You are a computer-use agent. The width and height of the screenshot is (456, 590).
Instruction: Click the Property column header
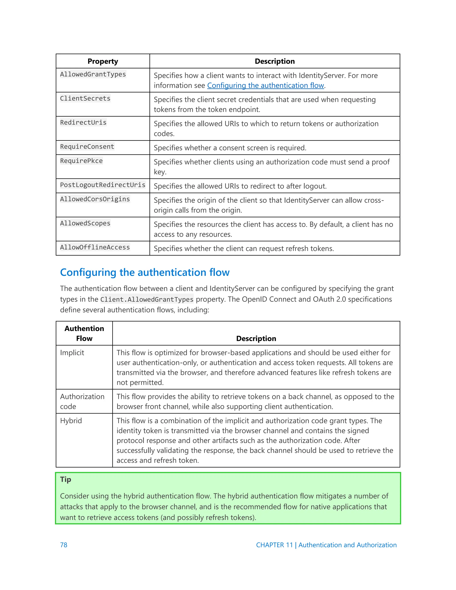pyautogui.click(x=103, y=61)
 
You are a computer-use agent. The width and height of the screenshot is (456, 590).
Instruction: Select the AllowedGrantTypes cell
pyautogui.click(x=93, y=74)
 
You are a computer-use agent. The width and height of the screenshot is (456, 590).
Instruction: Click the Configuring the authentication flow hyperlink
pyautogui.click(x=265, y=86)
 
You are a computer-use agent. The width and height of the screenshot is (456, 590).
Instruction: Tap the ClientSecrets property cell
pyautogui.click(x=85, y=98)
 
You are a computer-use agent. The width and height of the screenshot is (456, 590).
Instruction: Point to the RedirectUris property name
pyautogui.click(x=83, y=122)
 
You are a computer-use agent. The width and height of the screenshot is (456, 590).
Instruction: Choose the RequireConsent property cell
pyautogui.click(x=87, y=146)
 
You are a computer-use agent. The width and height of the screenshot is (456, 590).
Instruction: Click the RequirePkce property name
pyautogui.click(x=81, y=161)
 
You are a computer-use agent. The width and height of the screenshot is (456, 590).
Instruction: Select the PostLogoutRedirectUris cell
pyautogui.click(x=102, y=185)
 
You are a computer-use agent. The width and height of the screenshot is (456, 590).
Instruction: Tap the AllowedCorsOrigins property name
pyautogui.click(x=95, y=199)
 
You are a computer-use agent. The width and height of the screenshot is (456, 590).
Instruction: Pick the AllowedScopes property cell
pyautogui.click(x=85, y=223)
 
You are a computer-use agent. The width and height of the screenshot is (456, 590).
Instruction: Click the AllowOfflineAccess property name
pyautogui.click(x=95, y=247)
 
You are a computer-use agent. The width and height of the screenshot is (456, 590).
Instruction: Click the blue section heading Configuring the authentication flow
pyautogui.click(x=145, y=272)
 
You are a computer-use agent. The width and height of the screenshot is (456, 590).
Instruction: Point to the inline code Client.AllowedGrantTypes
pyautogui.click(x=147, y=299)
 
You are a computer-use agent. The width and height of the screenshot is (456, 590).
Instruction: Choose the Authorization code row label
pyautogui.click(x=82, y=401)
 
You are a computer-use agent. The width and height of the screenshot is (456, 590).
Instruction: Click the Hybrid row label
pyautogui.click(x=71, y=421)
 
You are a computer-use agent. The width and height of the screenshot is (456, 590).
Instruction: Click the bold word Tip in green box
pyautogui.click(x=65, y=479)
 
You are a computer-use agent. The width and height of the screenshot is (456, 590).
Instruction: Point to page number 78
pyautogui.click(x=63, y=545)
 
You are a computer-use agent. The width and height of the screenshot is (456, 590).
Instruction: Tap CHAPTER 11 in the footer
pyautogui.click(x=274, y=545)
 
